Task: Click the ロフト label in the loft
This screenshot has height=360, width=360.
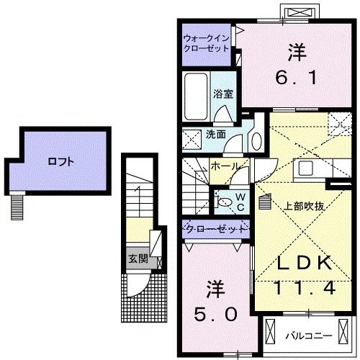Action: click(x=60, y=161)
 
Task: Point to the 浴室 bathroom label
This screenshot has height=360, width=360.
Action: click(x=223, y=94)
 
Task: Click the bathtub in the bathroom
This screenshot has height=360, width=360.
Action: click(x=195, y=97)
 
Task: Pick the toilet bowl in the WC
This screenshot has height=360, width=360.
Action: click(x=222, y=202)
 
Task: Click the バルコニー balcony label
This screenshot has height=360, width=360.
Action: click(x=306, y=335)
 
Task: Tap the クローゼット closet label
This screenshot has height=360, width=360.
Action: click(x=214, y=229)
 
